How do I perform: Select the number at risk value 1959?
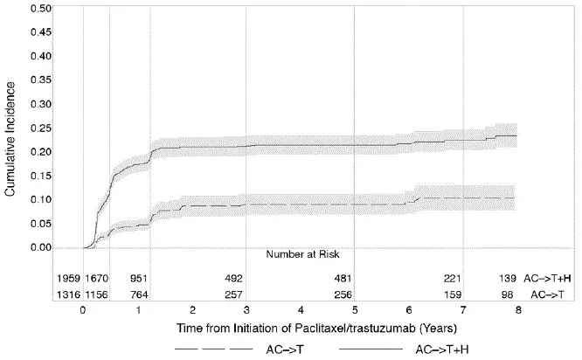pyautogui.click(x=66, y=278)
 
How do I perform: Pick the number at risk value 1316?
pyautogui.click(x=66, y=294)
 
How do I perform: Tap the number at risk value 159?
pyautogui.click(x=454, y=294)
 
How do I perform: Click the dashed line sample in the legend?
pyautogui.click(x=210, y=348)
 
